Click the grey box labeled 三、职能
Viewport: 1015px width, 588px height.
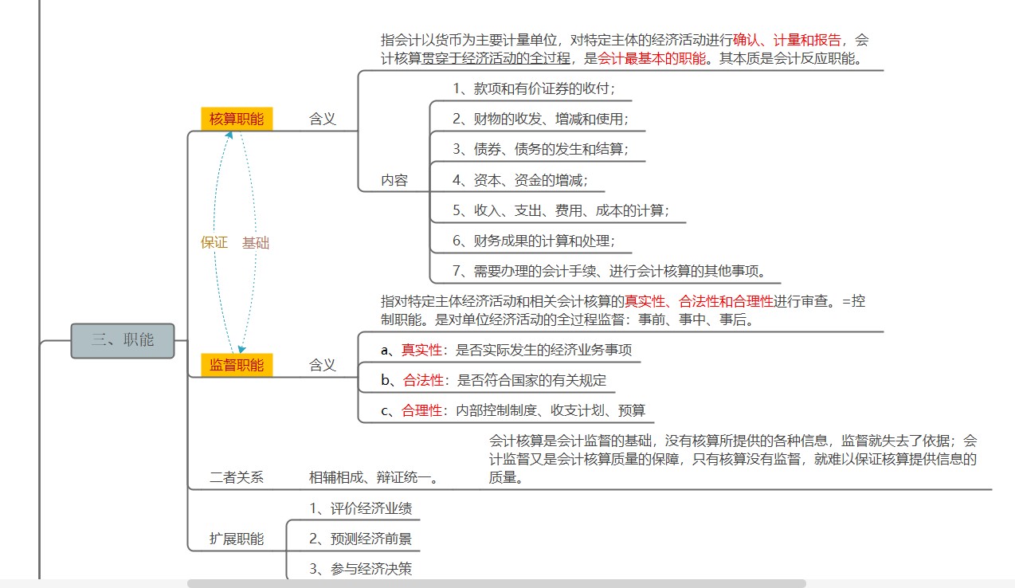[x=123, y=341]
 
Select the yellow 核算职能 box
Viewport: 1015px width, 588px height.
[x=237, y=119]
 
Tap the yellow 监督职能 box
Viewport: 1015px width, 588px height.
[x=237, y=365]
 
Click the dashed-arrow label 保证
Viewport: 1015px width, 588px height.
[x=214, y=242]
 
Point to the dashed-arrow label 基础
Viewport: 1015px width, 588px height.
[x=256, y=243]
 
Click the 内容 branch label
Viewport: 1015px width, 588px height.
[x=394, y=180]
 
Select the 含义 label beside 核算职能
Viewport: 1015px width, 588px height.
[x=322, y=120]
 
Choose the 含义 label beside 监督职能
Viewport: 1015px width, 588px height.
[x=322, y=365]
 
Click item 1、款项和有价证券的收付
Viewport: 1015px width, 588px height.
[x=533, y=88]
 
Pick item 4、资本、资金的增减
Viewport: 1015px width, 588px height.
[x=519, y=180]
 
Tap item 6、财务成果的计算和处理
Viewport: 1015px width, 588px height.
[x=533, y=241]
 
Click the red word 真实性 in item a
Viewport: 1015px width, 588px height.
[x=421, y=350]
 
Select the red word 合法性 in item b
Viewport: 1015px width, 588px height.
[x=423, y=380]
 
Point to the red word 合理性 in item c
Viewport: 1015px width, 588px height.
[x=421, y=410]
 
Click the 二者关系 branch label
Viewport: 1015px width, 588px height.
[x=237, y=477]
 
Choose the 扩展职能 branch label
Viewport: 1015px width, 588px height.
[x=237, y=539]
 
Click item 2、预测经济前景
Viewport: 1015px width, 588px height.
[x=361, y=539]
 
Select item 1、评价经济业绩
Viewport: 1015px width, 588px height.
[x=361, y=508]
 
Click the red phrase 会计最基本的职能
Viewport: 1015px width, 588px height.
[x=652, y=58]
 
